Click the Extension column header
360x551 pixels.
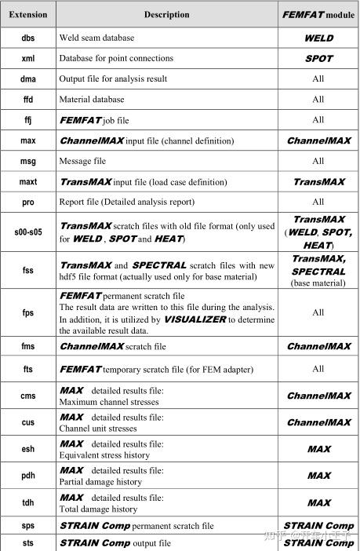click(x=28, y=14)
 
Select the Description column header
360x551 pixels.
click(x=166, y=14)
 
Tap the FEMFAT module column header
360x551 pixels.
click(x=318, y=14)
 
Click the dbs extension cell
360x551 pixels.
click(x=28, y=38)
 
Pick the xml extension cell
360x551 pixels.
click(x=28, y=58)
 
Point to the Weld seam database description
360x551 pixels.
click(x=96, y=38)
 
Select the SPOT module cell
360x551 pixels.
click(x=318, y=58)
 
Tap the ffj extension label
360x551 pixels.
click(x=28, y=120)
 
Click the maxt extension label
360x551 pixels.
click(x=28, y=181)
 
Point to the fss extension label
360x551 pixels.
click(x=28, y=272)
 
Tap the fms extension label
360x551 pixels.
click(x=28, y=346)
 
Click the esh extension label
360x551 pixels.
click(x=28, y=450)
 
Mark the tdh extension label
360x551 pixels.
click(x=28, y=502)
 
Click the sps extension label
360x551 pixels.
click(x=28, y=525)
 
